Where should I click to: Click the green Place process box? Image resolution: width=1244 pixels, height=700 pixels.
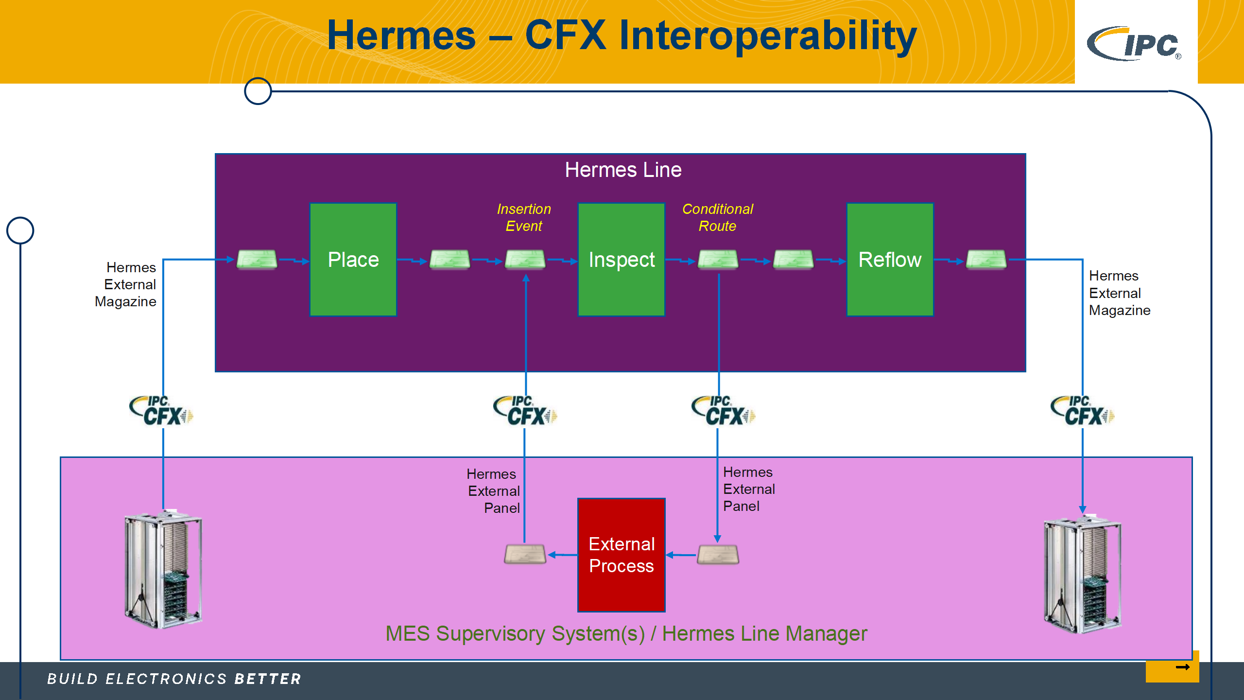click(x=353, y=260)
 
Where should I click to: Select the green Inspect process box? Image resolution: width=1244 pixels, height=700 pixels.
click(x=622, y=260)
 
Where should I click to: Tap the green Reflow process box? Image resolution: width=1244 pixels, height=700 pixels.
click(x=890, y=260)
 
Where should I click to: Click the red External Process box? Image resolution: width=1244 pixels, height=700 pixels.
click(x=622, y=555)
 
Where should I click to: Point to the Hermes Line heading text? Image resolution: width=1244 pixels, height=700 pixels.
click(x=623, y=170)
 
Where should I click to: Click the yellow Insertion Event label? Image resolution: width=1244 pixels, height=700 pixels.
click(x=524, y=217)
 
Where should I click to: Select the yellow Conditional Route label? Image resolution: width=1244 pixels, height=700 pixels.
click(x=717, y=217)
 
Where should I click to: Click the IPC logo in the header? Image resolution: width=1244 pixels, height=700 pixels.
click(x=1135, y=44)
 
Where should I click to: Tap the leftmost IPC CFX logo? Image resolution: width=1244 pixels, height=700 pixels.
click(x=161, y=411)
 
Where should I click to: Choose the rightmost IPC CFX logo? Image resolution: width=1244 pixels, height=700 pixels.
click(x=1083, y=411)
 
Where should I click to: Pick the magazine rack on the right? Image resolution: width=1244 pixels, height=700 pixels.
click(x=1083, y=576)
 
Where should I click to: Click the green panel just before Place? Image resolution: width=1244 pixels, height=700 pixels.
click(x=257, y=260)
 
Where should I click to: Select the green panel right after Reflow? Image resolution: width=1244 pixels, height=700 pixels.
click(x=986, y=260)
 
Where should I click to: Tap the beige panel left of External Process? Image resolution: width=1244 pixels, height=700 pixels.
click(x=525, y=554)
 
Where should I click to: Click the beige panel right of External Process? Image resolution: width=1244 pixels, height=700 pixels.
click(x=718, y=554)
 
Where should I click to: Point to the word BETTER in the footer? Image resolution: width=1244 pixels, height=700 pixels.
click(x=268, y=679)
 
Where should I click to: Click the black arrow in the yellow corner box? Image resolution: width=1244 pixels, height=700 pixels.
click(x=1182, y=667)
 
